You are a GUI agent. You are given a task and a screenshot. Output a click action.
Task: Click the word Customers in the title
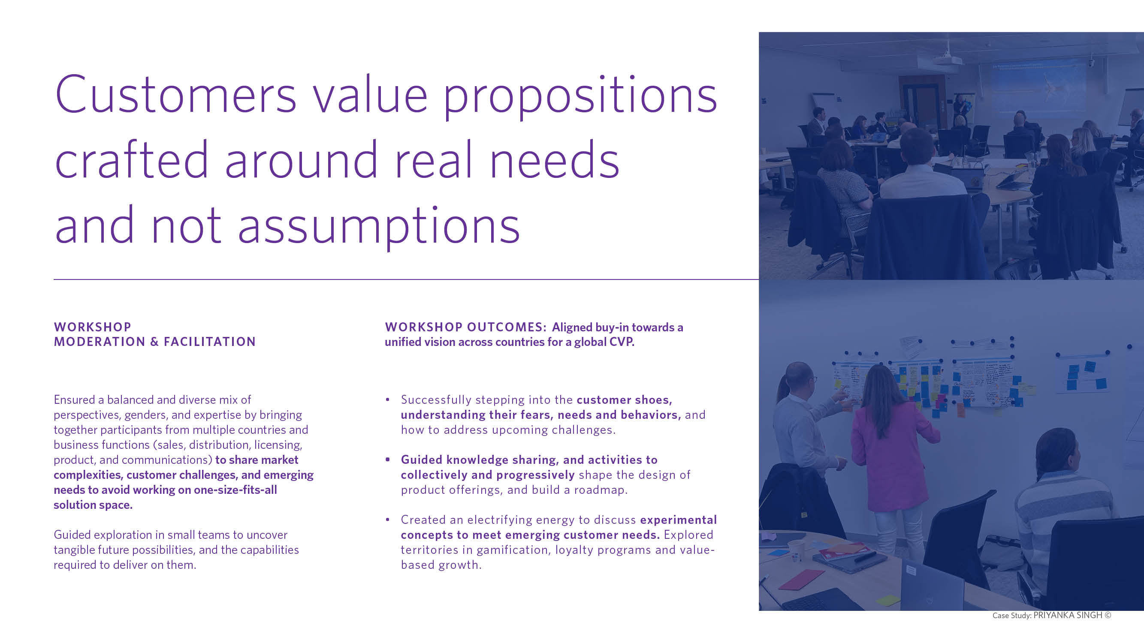click(176, 94)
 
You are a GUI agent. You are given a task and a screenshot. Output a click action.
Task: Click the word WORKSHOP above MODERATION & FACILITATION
click(92, 327)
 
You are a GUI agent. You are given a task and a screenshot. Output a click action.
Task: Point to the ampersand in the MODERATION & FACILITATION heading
click(154, 342)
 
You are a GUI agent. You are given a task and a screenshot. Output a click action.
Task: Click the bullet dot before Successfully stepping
click(388, 400)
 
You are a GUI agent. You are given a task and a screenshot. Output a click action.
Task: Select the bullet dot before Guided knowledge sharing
click(388, 460)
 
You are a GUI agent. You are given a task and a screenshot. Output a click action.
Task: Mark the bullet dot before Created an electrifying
click(388, 520)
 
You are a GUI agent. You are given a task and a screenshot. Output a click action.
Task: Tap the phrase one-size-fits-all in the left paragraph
click(235, 490)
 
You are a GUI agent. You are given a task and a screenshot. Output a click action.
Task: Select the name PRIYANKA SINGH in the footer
click(1068, 615)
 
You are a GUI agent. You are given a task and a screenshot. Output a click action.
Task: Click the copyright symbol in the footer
click(1108, 615)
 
